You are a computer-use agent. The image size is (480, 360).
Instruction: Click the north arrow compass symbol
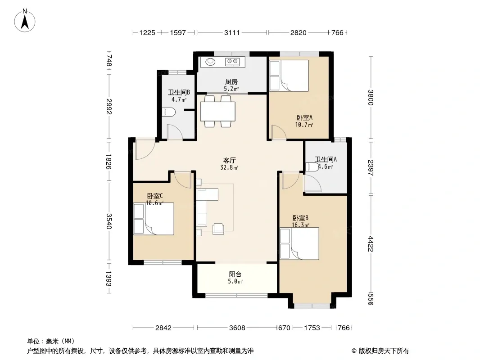click(x=25, y=21)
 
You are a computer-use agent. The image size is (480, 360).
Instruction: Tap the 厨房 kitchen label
click(x=231, y=81)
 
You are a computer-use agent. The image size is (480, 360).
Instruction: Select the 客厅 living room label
click(x=229, y=160)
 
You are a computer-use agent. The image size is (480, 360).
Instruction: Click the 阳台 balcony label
click(x=235, y=274)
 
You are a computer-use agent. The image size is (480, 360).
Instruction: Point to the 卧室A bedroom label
click(x=304, y=117)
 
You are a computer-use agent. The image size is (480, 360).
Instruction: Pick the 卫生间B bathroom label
click(x=179, y=92)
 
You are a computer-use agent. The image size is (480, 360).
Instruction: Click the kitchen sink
click(x=210, y=62)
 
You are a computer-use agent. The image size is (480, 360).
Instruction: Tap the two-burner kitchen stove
click(x=232, y=62)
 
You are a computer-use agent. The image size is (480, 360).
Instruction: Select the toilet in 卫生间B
click(x=168, y=112)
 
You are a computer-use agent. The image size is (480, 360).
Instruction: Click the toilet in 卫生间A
click(x=312, y=167)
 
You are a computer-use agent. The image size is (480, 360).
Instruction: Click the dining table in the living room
click(x=217, y=111)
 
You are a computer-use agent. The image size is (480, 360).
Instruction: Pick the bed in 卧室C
click(x=154, y=219)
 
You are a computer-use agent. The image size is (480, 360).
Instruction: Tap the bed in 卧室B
click(x=299, y=243)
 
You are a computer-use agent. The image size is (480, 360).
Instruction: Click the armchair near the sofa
click(x=218, y=229)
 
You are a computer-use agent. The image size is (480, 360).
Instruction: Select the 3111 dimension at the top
click(x=232, y=32)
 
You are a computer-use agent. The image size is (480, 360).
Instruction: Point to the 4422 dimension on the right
click(x=371, y=244)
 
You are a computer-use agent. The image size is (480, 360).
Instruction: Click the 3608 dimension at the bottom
click(x=237, y=328)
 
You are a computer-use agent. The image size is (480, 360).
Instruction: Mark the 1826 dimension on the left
click(x=109, y=162)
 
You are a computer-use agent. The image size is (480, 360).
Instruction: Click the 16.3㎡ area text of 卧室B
click(x=300, y=225)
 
